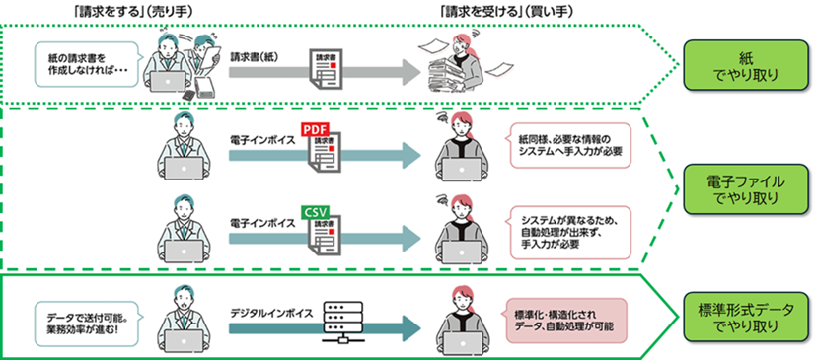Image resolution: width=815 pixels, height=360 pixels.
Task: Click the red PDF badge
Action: pos(314,130)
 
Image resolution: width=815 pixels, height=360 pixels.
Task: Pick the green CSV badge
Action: pos(314,211)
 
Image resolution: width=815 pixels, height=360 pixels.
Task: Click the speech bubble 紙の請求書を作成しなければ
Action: pos(85,64)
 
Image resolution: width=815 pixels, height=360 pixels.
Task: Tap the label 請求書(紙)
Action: pos(252,57)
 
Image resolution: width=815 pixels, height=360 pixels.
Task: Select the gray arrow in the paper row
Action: pos(326,74)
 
